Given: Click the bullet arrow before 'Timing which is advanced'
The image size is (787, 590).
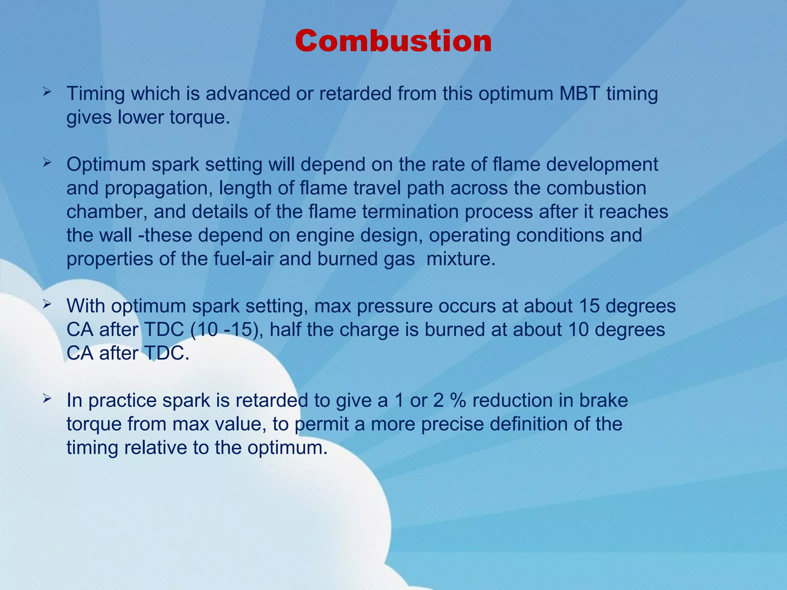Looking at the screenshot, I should coord(47,92).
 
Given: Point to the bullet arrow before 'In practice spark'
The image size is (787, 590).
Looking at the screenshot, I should coord(47,399).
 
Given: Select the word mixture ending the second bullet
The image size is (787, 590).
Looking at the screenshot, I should coord(461,259).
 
